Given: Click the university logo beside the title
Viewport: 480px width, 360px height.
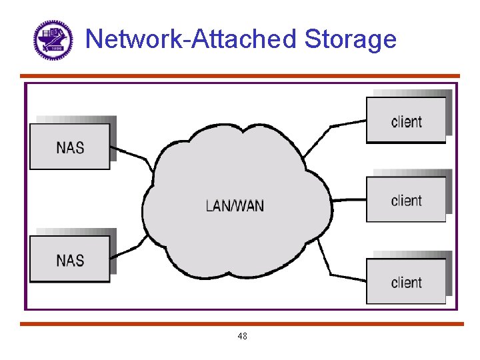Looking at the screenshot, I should pyautogui.click(x=53, y=41).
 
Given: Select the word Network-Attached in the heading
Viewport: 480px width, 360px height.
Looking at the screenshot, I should pyautogui.click(x=191, y=39).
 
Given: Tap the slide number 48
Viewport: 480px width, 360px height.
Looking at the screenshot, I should pyautogui.click(x=242, y=337).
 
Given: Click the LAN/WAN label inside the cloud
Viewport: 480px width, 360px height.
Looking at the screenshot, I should pyautogui.click(x=235, y=206).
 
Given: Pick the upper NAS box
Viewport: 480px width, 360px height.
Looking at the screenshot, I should pyautogui.click(x=70, y=147).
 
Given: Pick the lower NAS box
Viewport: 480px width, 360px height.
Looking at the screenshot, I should pyautogui.click(x=70, y=259).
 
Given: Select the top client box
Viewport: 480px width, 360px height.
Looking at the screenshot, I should pyautogui.click(x=406, y=120).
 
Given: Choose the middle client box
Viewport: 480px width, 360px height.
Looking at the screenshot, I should pyautogui.click(x=406, y=199).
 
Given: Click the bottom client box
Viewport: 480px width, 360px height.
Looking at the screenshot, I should pyautogui.click(x=406, y=281).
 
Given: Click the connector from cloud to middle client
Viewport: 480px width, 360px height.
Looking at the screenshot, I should pyautogui.click(x=348, y=199).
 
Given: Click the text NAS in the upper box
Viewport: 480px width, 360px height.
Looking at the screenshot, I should pyautogui.click(x=70, y=147).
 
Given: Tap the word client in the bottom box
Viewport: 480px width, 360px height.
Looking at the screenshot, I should pyautogui.click(x=406, y=282).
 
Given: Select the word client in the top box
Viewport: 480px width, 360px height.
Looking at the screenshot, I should pyautogui.click(x=406, y=121).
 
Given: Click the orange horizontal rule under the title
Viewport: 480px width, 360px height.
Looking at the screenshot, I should pyautogui.click(x=240, y=76).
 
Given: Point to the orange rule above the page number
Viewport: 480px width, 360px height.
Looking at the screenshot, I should pyautogui.click(x=240, y=324).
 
